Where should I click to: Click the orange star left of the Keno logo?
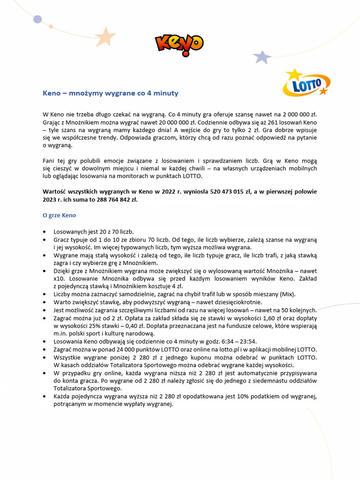[106, 36]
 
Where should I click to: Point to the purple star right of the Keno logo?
[262, 57]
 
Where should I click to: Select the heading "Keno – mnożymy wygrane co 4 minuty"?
[110, 93]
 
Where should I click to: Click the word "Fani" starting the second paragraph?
[49, 160]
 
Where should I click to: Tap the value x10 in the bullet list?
[59, 278]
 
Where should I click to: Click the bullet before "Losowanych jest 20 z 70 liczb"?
[45, 232]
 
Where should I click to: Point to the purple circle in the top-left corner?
[37, 19]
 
